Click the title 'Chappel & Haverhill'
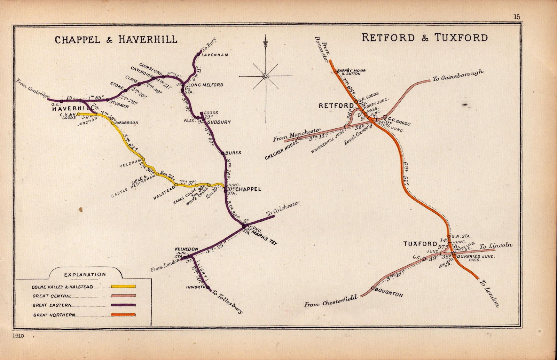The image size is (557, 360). click(116, 39)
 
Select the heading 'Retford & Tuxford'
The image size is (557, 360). click(424, 38)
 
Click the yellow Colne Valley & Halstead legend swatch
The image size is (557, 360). click(123, 287)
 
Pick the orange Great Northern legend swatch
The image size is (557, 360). click(123, 315)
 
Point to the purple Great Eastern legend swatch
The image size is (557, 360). click(123, 305)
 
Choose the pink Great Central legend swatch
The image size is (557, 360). click(123, 296)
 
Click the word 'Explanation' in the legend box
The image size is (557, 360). click(85, 275)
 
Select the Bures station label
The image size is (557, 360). click(234, 153)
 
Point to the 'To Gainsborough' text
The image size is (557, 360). click(458, 75)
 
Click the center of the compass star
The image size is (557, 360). click(265, 76)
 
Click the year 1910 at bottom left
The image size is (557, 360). click(19, 336)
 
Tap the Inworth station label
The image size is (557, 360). click(196, 287)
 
